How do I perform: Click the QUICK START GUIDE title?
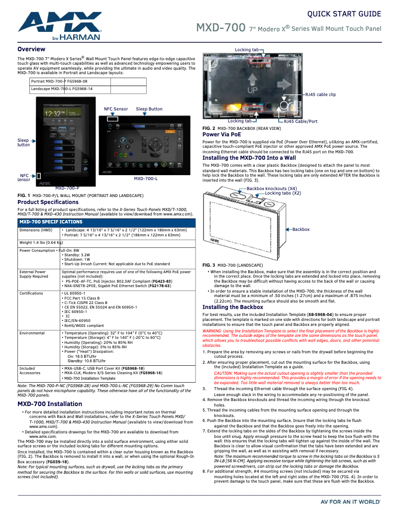pos(344,14)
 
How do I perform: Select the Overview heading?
pos(31,49)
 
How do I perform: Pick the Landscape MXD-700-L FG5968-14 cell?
pos(62,89)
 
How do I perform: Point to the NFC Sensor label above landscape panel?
pos(115,109)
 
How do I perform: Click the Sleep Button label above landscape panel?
pos(149,109)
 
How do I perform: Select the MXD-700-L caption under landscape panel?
pos(146,179)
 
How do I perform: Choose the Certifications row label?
pos(31,294)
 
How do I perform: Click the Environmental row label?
pos(32,333)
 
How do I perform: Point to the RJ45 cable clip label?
pos(320,94)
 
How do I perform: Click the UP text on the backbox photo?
pos(253,91)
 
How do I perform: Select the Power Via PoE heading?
pos(222,134)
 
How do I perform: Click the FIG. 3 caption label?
pos(208,265)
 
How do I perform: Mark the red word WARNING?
pos(212,330)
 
